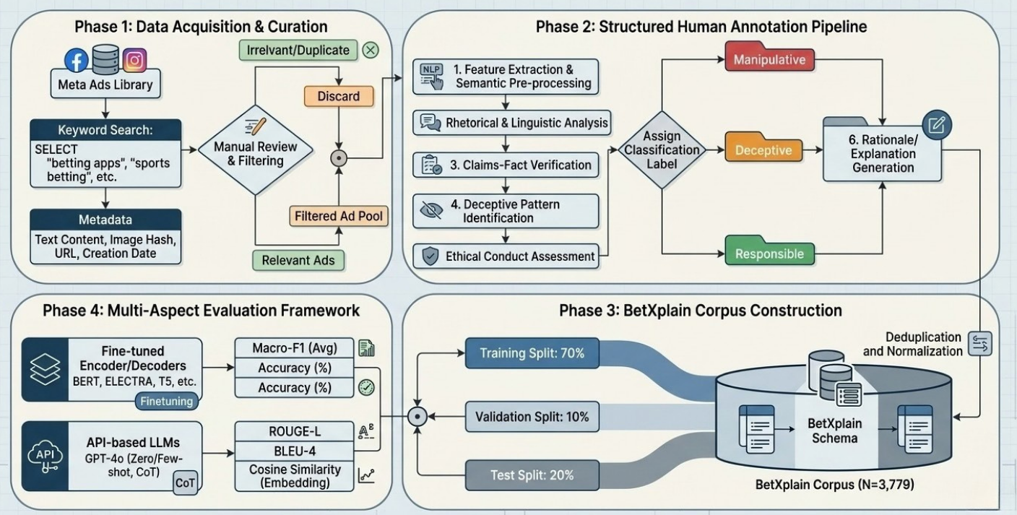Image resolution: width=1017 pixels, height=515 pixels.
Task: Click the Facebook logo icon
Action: coord(77,61)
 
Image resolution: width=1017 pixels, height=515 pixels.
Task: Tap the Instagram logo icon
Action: coord(134,60)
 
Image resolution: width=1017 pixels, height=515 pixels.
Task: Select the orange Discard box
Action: coord(339,96)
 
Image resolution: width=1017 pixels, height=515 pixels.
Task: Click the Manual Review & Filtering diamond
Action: coord(256,150)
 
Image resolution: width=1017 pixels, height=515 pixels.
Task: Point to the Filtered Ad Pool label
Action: coord(339,216)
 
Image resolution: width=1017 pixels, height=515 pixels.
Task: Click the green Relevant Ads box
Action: coord(298,260)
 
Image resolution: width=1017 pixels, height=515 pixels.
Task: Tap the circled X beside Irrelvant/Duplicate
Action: coord(371,50)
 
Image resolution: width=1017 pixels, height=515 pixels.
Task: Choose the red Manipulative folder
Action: coord(769,57)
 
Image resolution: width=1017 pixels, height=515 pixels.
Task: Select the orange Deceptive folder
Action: coord(763,147)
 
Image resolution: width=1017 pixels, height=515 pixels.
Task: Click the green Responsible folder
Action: coord(769,251)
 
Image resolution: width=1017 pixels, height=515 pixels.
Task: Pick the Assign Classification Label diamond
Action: coord(662,150)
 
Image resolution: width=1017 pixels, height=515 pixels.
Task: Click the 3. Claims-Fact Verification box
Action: coord(506,165)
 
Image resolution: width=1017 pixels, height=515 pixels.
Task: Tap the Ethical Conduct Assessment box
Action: coord(506,256)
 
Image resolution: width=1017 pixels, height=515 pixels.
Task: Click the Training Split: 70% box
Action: coord(532,353)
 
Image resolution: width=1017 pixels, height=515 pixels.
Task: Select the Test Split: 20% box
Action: coord(532,475)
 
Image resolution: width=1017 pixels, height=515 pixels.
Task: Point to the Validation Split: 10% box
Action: coord(532,417)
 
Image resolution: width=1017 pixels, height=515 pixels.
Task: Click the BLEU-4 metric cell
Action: coord(294,451)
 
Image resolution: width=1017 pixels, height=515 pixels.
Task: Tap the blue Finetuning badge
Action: coord(167,402)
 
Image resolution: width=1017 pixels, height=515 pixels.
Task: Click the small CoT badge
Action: coord(185,482)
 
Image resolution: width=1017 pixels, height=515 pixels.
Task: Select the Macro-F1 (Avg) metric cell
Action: coord(294,348)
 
